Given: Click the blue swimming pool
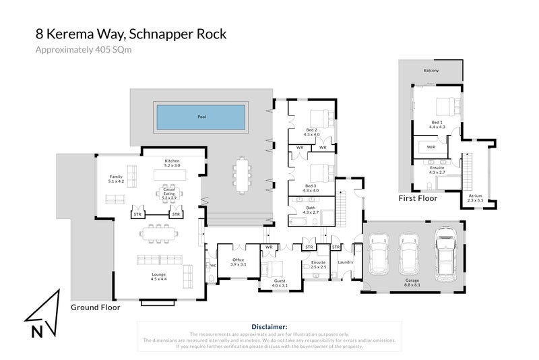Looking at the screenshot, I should tap(201, 117).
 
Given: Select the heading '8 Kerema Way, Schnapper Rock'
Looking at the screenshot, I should tap(131, 33).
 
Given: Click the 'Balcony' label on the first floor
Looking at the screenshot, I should tap(431, 71).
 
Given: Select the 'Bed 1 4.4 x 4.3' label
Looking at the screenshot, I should tap(438, 124).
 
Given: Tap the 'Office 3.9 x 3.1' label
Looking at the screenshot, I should tap(239, 262).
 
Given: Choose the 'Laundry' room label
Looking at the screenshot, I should tap(346, 262).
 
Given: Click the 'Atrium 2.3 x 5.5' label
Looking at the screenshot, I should tap(475, 198).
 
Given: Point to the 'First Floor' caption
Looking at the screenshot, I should tap(418, 198).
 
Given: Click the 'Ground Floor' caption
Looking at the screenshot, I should tap(95, 307).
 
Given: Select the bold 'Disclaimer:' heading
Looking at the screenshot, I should tap(269, 326).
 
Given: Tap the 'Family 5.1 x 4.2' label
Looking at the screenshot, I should tap(117, 179).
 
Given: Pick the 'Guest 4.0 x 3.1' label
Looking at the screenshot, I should tap(279, 283).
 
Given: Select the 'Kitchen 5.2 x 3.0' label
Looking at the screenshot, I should tap(172, 162).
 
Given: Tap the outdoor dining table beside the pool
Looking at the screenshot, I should tap(242, 175).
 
